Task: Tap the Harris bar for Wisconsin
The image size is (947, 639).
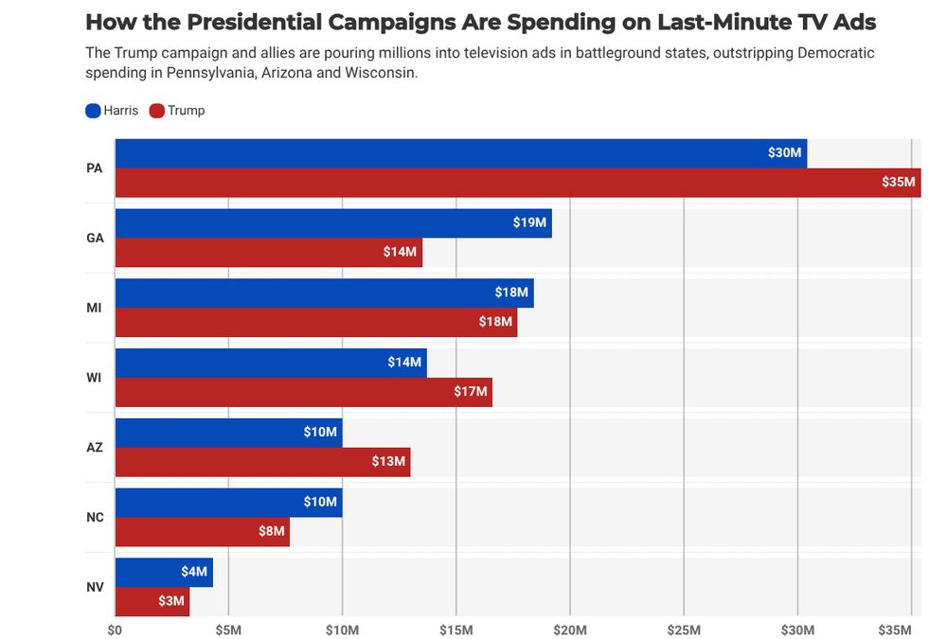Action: click(x=271, y=363)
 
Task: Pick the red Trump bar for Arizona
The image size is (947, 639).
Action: click(x=262, y=462)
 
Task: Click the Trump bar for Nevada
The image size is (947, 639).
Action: click(x=152, y=601)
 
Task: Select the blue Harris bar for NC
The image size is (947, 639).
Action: click(x=228, y=502)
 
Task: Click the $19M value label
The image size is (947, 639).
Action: click(x=529, y=222)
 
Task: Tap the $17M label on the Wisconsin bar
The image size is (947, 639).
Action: click(x=471, y=391)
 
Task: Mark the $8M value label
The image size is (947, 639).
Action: click(x=271, y=531)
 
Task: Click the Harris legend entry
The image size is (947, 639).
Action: click(x=112, y=111)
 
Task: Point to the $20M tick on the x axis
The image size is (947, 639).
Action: click(x=570, y=630)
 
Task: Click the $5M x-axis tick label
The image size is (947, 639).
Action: click(x=228, y=630)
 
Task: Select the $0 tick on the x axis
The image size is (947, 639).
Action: click(x=115, y=630)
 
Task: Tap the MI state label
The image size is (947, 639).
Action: click(x=95, y=308)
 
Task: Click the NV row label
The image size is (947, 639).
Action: click(x=95, y=587)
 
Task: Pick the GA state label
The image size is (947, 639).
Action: click(x=95, y=238)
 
